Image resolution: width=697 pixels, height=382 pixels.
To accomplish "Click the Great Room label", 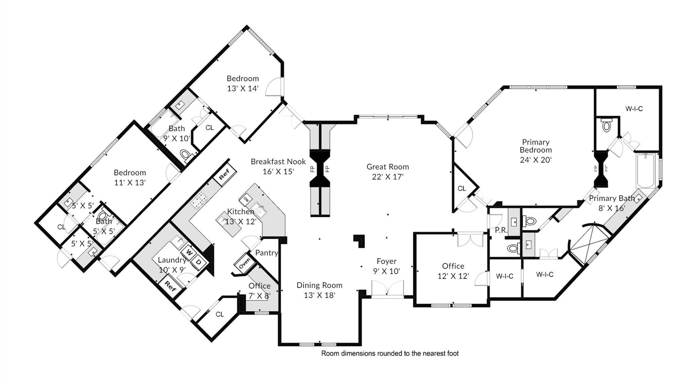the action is tap(388, 167).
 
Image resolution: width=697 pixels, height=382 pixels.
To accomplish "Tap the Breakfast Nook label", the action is tap(278, 161).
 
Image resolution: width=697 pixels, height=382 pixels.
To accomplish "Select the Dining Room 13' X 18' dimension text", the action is tap(320, 295).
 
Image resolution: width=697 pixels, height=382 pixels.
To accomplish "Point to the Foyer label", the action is tap(387, 261).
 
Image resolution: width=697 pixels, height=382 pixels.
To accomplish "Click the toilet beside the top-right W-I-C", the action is tap(606, 125).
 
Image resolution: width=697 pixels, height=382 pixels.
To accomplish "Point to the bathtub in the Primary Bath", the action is tap(646, 171).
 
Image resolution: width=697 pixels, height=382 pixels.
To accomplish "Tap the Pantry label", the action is tap(266, 253).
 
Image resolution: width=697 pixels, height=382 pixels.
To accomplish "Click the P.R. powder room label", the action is tap(501, 230).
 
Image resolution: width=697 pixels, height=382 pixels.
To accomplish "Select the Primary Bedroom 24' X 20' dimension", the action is tap(536, 160).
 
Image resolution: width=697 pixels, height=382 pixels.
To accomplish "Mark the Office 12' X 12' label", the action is tap(453, 271).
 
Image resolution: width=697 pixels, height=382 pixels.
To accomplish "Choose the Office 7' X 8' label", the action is tap(259, 291).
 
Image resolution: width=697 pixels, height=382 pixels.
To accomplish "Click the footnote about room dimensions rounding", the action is tap(390, 353).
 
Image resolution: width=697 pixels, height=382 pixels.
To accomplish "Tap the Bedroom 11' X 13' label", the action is tap(130, 177).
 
